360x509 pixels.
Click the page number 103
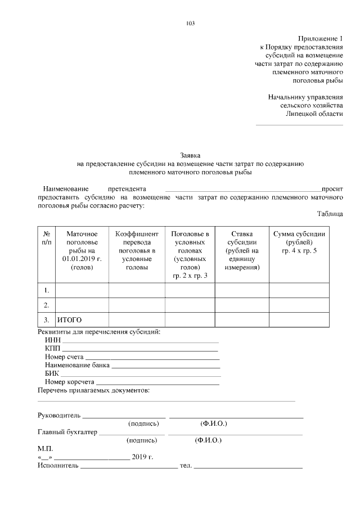coord(190,23)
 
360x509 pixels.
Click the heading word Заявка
coord(190,155)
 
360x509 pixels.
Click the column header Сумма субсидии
coord(299,242)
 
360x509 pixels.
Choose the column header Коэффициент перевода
coord(137,250)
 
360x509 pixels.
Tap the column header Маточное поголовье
coord(82,250)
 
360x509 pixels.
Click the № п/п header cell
coord(47,237)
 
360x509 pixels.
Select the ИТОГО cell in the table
coord(70,320)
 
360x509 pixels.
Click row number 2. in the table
coord(47,305)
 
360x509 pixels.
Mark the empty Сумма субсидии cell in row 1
coord(299,290)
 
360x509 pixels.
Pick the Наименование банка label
coord(77,365)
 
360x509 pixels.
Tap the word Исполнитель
coord(58,466)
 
